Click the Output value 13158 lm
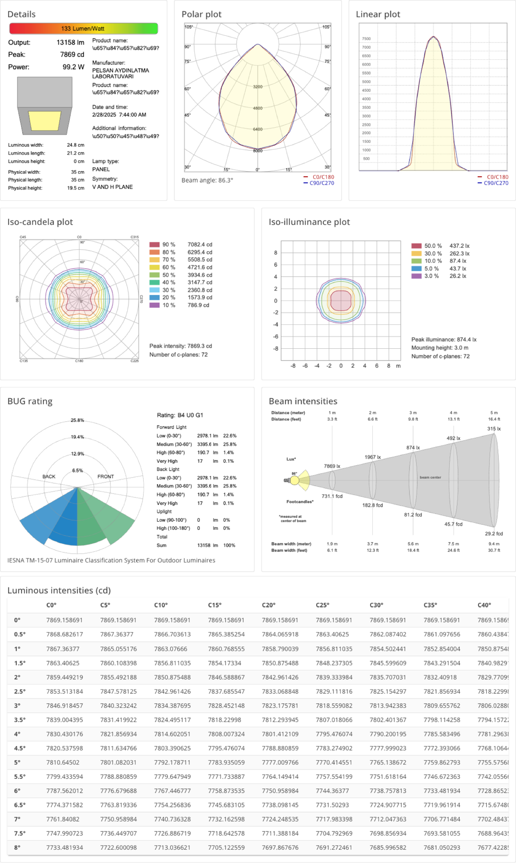[x=70, y=42]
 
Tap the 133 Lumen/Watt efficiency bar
[x=83, y=29]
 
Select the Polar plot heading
[x=201, y=14]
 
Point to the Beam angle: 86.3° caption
[x=207, y=180]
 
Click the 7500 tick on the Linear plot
[x=366, y=39]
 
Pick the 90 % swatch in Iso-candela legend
[x=155, y=245]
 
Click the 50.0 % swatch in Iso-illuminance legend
[x=416, y=246]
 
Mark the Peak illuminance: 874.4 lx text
[x=444, y=339]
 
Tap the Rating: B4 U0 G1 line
[x=180, y=415]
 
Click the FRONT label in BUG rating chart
[x=106, y=477]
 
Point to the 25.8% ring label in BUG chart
[x=77, y=420]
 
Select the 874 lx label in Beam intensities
[x=413, y=447]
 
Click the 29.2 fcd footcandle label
[x=494, y=534]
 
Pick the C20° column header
[x=268, y=605]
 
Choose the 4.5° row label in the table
[x=20, y=748]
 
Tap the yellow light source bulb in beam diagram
[x=295, y=480]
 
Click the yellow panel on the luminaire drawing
[x=45, y=121]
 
